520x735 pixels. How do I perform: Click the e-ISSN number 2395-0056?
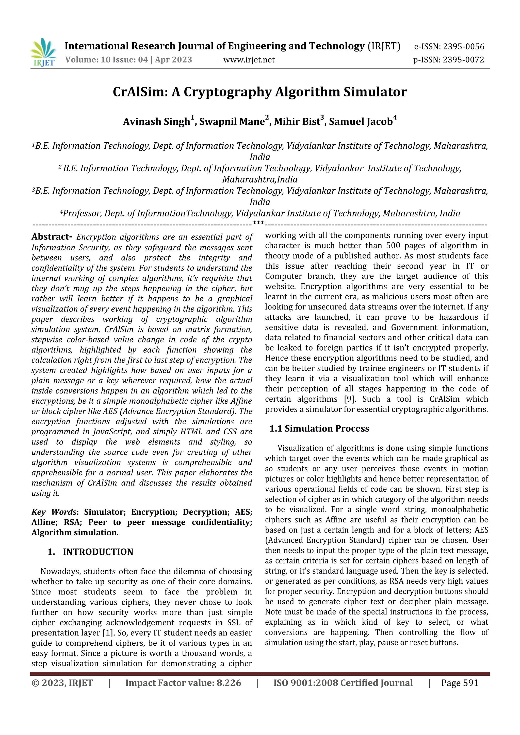click(464, 47)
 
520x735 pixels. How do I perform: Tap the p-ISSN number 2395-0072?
click(464, 60)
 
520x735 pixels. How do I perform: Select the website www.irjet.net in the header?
click(249, 60)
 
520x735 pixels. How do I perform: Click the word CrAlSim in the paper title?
click(140, 92)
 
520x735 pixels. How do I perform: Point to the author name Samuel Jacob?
click(361, 122)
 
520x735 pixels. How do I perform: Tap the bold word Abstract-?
click(52, 237)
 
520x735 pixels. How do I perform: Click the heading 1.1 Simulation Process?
click(319, 429)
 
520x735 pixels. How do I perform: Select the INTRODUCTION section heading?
click(98, 552)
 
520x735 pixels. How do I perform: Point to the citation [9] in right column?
click(348, 399)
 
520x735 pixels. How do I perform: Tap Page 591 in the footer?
click(460, 683)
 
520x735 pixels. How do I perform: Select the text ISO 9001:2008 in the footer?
click(305, 683)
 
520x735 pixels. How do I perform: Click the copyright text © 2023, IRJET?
click(62, 683)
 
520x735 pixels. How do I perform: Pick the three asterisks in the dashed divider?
click(258, 223)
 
